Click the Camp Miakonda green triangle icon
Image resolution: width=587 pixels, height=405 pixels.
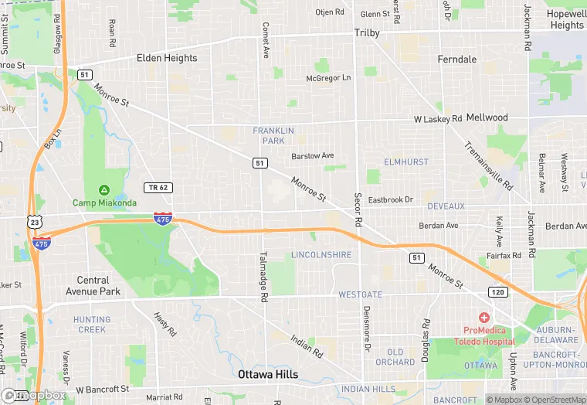click(104, 190)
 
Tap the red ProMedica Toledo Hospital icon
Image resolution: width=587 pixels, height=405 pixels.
click(484, 318)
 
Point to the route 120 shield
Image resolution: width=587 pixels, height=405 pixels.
click(497, 291)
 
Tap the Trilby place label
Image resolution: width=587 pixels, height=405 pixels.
click(367, 33)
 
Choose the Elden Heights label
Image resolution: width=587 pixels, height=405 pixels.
click(167, 58)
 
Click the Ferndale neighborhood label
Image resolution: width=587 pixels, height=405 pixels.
click(457, 60)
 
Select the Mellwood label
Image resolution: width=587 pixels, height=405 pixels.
click(487, 117)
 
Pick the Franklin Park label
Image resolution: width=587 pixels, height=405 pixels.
click(273, 135)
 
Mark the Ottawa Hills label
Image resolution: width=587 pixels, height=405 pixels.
click(268, 374)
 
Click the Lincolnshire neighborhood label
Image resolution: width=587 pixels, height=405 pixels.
click(321, 255)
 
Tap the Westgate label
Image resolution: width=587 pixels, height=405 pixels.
click(360, 294)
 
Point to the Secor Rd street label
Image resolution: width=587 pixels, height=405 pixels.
click(358, 209)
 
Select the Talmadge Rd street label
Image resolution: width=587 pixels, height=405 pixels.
click(263, 276)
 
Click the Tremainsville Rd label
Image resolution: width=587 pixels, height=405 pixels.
click(488, 166)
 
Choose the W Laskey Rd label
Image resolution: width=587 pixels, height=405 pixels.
click(437, 119)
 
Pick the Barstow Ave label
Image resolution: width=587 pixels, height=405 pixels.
click(313, 156)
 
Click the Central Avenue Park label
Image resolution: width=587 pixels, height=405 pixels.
click(99, 286)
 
